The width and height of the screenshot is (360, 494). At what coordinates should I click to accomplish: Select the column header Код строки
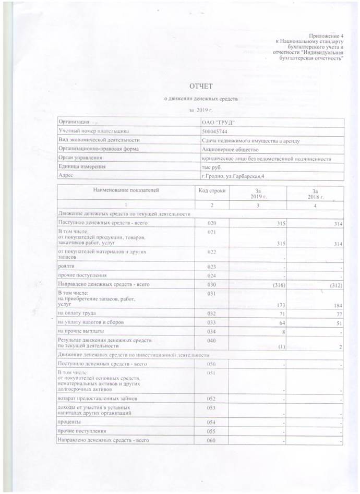(x=212, y=191)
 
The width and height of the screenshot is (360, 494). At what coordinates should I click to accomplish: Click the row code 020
(x=212, y=223)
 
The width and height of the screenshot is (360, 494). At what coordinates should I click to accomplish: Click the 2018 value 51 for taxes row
(x=338, y=322)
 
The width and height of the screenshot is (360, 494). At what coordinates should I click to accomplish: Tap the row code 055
(x=212, y=431)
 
